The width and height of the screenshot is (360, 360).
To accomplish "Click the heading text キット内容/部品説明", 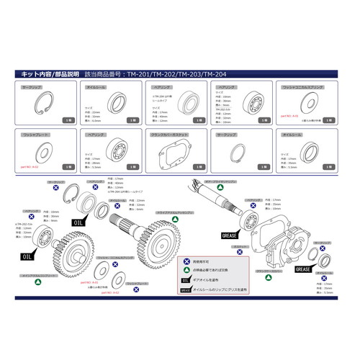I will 45,73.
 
